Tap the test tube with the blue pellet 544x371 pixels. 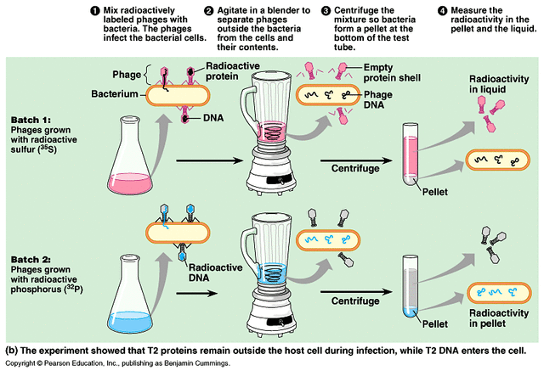[x=410, y=289]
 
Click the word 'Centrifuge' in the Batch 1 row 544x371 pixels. [x=356, y=167]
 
